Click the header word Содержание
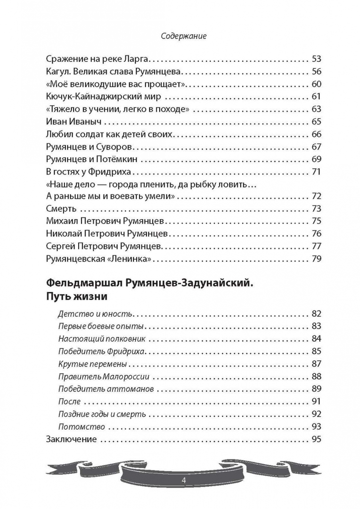coord(184,36)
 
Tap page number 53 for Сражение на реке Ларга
coord(316,59)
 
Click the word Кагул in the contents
coord(57,72)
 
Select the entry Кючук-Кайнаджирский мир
coord(104,97)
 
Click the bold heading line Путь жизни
coord(77,297)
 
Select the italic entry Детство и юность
coord(95,314)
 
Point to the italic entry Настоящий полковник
coord(102,339)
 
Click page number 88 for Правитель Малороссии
coord(316,377)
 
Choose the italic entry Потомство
coord(81,427)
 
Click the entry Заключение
coord(72,439)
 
